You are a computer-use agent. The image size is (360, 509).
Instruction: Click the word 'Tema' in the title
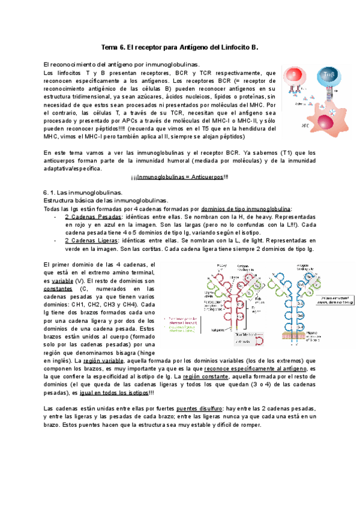coord(110,47)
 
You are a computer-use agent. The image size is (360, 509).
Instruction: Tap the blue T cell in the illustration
coord(329,76)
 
